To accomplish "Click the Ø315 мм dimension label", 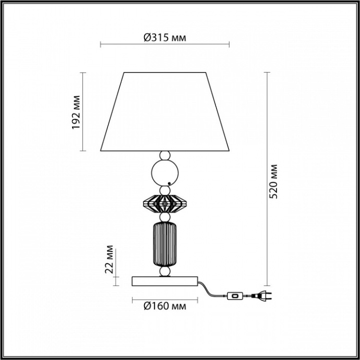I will pos(165,37).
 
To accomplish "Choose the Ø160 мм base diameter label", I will pos(165,306).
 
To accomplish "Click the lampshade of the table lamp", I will pos(165,112).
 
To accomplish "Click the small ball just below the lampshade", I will pos(165,155).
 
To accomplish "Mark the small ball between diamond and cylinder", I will pos(165,217).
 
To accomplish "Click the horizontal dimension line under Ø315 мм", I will pos(165,46).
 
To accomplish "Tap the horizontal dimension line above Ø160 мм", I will pos(165,299).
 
